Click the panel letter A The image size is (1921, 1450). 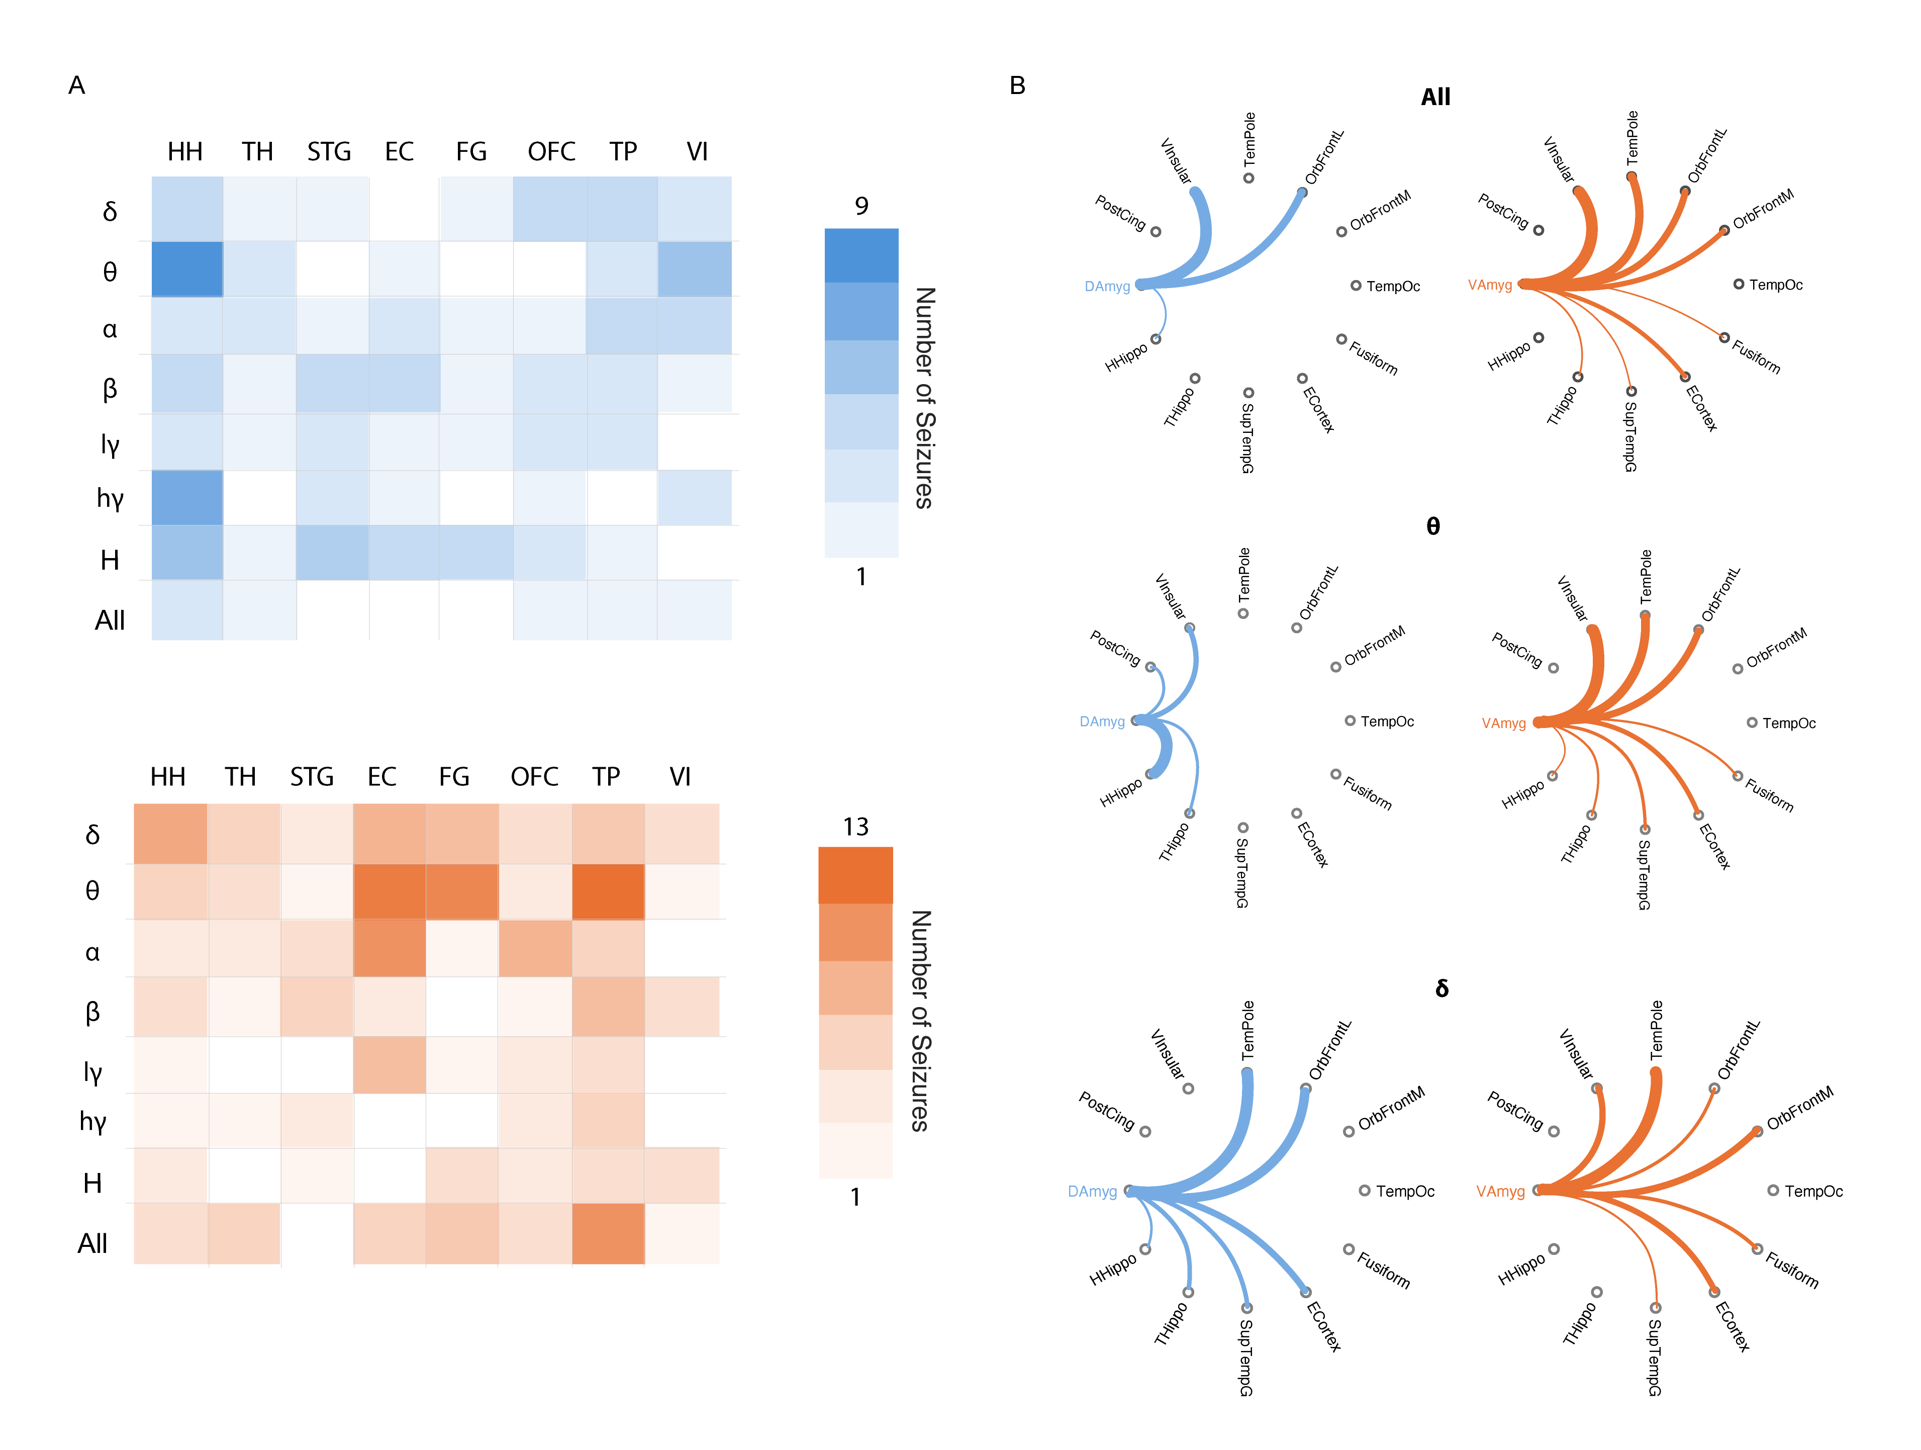(x=76, y=85)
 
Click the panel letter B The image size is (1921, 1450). (x=1017, y=85)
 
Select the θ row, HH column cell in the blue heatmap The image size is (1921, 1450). (x=186, y=269)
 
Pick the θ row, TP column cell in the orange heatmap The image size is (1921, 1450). (x=608, y=891)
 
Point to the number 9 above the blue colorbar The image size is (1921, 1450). (x=860, y=206)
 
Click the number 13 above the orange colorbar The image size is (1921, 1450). (x=855, y=826)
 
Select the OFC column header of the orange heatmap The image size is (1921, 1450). (x=534, y=777)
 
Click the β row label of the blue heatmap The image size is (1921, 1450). (x=110, y=388)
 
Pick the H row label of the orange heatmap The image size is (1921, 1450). (x=92, y=1183)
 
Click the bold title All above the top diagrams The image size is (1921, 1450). (x=1435, y=98)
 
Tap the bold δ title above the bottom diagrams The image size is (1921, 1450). (x=1442, y=988)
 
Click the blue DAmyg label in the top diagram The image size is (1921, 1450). (x=1107, y=287)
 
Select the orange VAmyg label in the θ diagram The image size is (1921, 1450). (x=1503, y=723)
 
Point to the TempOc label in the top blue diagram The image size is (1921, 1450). (x=1393, y=287)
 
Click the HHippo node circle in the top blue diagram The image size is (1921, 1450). (x=1156, y=339)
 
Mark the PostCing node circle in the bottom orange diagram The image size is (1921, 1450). (x=1554, y=1131)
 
